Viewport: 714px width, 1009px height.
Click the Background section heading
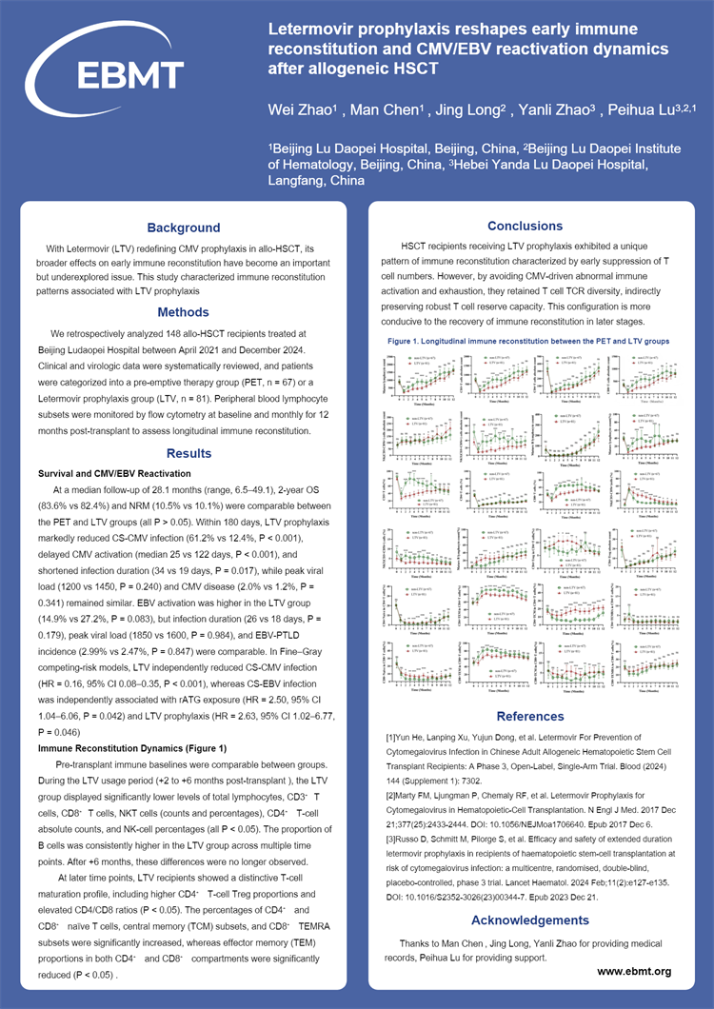pyautogui.click(x=183, y=228)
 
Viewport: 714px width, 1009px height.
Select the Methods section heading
pyautogui.click(x=183, y=312)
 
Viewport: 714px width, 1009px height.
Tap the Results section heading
pyautogui.click(x=183, y=453)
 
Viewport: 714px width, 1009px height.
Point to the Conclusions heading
pyautogui.click(x=525, y=226)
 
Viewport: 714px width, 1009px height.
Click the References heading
pyautogui.click(x=525, y=716)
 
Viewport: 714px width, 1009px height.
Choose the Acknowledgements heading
pyautogui.click(x=525, y=920)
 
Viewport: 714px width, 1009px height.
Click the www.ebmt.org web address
pyautogui.click(x=635, y=971)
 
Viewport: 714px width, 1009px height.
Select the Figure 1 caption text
pyautogui.click(x=527, y=340)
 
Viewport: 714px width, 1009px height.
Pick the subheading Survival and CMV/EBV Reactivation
pyautogui.click(x=114, y=473)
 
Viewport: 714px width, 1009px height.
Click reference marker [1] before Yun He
pyautogui.click(x=391, y=738)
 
